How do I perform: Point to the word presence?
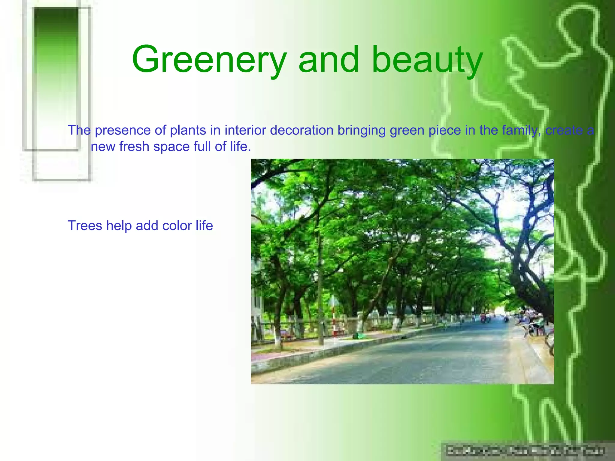123,131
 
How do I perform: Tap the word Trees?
85,225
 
